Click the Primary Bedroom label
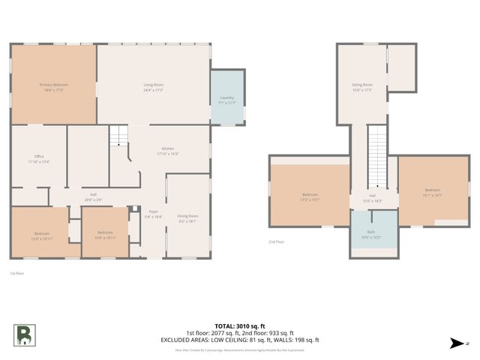coord(54,87)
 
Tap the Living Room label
coord(154,87)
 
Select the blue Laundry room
coord(227,100)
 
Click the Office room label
coord(39,158)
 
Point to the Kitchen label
coord(167,151)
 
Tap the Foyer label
coord(152,214)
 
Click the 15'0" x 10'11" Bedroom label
coord(42,235)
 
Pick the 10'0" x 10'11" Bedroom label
coord(104,235)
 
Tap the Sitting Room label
coord(362,87)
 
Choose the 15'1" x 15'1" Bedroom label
coord(433,192)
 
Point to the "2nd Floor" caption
coord(277,242)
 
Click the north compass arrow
coord(454,343)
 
